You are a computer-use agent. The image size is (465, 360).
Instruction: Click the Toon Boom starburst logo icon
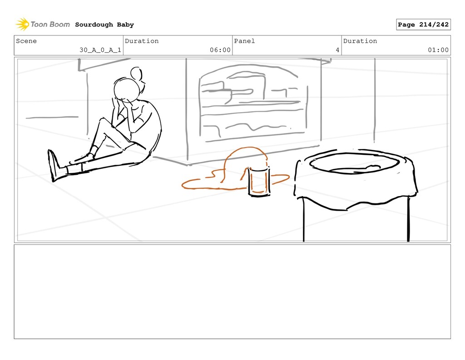tap(22, 25)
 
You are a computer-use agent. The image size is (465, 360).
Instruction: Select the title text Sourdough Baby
tap(104, 25)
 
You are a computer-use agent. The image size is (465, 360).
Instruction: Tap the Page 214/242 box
tap(423, 25)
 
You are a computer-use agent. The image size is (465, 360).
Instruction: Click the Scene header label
tap(26, 41)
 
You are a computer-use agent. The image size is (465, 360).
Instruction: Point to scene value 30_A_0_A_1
tap(100, 50)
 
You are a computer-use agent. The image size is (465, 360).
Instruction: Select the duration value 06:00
tap(220, 50)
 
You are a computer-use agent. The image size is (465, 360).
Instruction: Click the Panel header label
tap(244, 41)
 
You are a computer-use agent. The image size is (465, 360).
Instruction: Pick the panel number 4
tap(337, 50)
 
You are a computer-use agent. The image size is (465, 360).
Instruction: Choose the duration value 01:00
tap(438, 50)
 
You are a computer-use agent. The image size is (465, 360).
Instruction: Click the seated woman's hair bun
tap(136, 73)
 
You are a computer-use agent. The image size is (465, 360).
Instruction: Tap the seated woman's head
tap(127, 89)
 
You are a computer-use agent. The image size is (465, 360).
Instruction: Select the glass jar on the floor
tap(259, 182)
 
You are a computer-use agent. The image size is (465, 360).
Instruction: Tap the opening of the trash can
tap(354, 163)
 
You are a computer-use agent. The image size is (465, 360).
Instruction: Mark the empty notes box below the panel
tap(232, 291)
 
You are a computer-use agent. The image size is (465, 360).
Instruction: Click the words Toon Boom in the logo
tap(50, 25)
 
